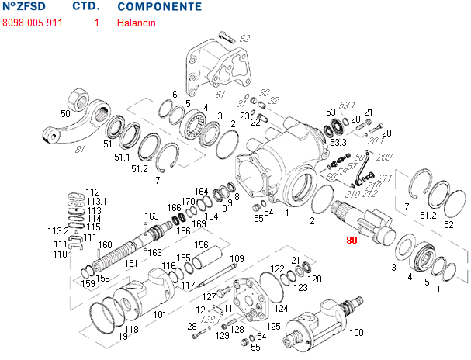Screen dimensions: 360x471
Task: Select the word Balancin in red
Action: pos(137,22)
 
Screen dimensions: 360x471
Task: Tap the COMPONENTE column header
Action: pos(159,7)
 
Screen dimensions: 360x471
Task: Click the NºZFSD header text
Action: pos(24,7)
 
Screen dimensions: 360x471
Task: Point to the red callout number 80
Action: pos(352,241)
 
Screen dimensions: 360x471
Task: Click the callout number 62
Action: pos(245,38)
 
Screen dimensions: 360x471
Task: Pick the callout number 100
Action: pos(357,333)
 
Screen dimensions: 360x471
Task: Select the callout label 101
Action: pos(159,315)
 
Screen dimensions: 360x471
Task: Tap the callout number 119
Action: pos(121,337)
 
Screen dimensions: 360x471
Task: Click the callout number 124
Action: pos(282,308)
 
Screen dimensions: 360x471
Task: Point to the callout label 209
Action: pos(385,157)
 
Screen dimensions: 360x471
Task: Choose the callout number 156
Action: pos(202,244)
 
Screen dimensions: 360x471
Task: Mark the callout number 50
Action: pos(65,114)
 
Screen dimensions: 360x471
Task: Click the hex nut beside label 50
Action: pos(81,100)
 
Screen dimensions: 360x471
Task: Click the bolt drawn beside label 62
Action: pos(227,35)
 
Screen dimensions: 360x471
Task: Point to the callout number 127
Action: pos(210,296)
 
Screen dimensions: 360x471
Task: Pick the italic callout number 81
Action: pos(81,149)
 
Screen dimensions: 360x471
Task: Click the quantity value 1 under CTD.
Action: pos(96,22)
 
